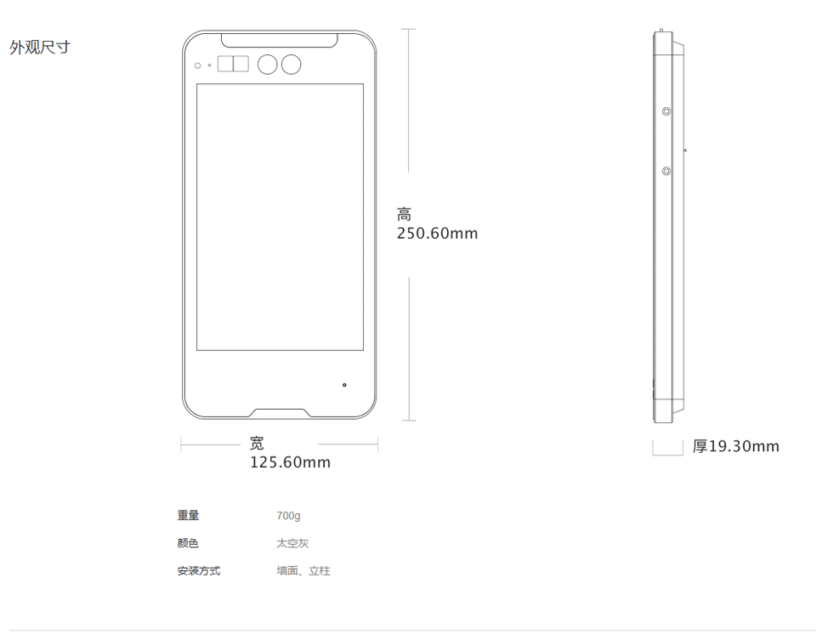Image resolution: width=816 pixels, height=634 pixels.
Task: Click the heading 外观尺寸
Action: [39, 48]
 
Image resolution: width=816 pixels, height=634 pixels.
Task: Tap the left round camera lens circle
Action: [268, 65]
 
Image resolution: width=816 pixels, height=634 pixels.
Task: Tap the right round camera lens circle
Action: [292, 65]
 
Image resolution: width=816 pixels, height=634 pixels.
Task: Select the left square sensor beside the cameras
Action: [225, 65]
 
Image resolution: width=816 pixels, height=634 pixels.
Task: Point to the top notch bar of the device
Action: [280, 39]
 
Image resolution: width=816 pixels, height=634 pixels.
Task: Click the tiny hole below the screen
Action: [344, 385]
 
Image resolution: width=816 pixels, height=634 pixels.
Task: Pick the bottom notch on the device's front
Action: [280, 413]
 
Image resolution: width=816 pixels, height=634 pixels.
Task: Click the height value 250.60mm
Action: [437, 234]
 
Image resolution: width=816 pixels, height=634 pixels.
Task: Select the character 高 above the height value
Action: [404, 215]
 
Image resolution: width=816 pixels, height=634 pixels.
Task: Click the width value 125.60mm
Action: [290, 462]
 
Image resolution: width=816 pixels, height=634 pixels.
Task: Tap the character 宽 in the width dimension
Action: [257, 444]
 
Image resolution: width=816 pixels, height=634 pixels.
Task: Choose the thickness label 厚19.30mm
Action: [735, 447]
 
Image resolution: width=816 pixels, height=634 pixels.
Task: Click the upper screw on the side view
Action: [666, 111]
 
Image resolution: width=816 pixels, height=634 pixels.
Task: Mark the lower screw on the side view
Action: [666, 172]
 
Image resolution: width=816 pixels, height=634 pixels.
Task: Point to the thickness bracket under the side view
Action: [667, 449]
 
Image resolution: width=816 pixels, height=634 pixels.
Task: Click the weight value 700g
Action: [288, 516]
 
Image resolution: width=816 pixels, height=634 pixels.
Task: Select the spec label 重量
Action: [188, 516]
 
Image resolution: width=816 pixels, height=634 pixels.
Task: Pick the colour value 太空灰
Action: [292, 543]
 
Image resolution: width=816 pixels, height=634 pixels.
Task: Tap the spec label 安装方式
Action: [198, 571]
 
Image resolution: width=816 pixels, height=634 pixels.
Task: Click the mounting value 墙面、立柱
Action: [303, 571]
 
